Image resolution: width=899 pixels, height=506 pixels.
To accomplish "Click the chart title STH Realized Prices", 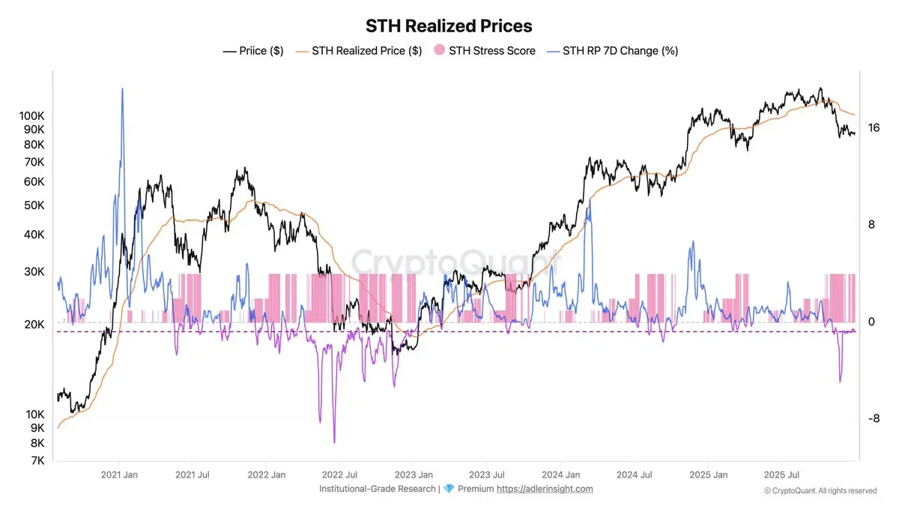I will tap(449, 25).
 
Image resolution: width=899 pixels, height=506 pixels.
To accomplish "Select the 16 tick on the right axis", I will tap(874, 128).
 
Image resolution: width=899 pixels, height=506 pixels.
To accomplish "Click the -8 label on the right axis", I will tap(874, 418).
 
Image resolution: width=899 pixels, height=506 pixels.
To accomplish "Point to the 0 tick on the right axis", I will tap(871, 322).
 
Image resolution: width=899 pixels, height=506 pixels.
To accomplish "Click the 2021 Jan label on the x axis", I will tap(119, 475).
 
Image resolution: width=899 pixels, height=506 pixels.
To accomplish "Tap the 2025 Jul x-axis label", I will tap(781, 475).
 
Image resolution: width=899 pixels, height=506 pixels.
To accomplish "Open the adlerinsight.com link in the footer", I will tap(545, 489).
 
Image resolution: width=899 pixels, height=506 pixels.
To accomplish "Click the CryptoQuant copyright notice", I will tap(820, 491).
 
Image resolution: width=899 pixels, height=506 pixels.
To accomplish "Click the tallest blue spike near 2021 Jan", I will tap(122, 89).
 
